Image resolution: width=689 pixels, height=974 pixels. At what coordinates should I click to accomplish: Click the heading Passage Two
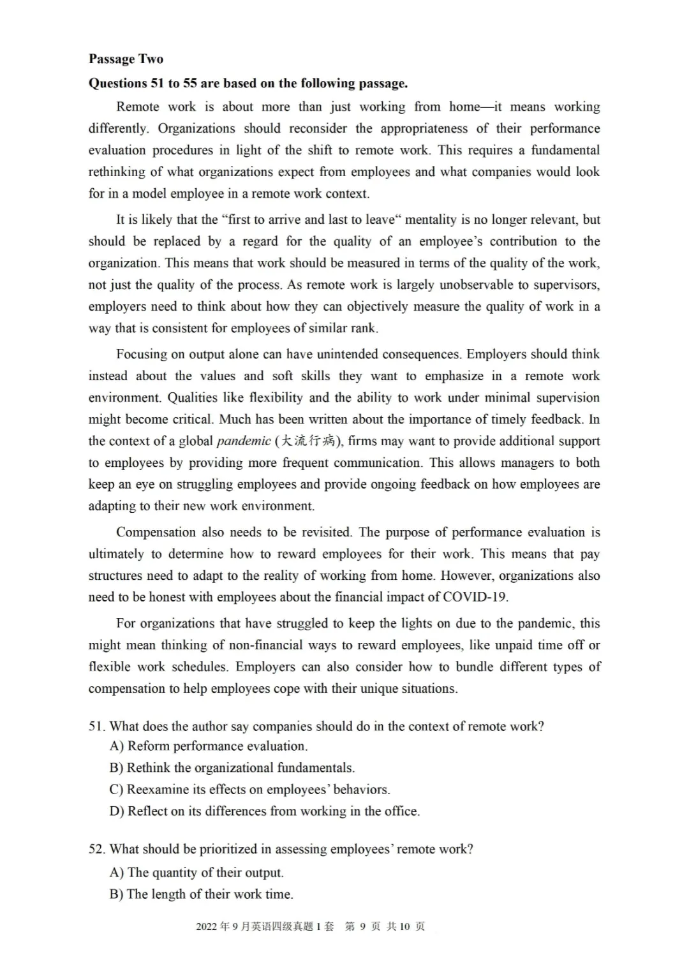126,59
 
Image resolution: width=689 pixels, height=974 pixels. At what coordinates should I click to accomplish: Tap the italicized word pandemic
244,441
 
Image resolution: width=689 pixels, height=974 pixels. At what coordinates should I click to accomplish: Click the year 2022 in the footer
207,927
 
